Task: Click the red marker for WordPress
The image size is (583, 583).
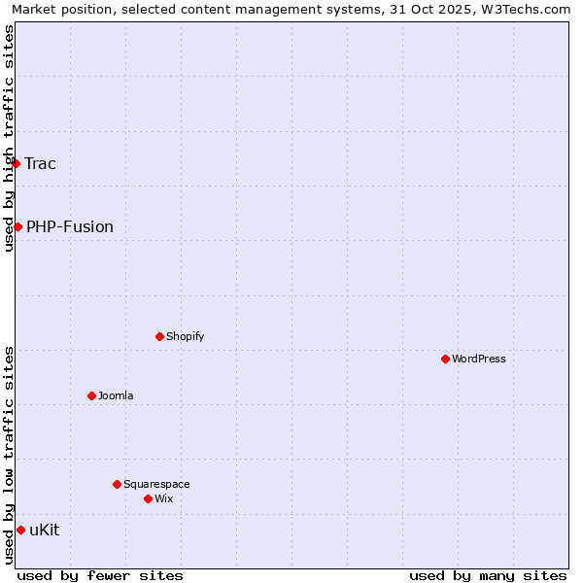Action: (445, 359)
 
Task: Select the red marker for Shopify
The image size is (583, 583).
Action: (159, 336)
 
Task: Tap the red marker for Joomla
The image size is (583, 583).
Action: (91, 395)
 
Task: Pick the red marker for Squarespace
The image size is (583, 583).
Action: (117, 484)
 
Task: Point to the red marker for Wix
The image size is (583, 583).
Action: (148, 498)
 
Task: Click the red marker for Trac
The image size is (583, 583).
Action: (16, 163)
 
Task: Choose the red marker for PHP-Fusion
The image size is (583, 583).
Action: (17, 226)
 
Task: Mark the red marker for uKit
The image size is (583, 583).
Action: (20, 530)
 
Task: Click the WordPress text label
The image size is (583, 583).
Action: (479, 359)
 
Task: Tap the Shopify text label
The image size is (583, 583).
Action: (185, 336)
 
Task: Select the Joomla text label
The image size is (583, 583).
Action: (116, 395)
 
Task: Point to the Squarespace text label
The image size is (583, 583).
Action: (156, 484)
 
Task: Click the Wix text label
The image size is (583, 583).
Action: (163, 498)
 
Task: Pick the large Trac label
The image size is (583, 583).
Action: (41, 163)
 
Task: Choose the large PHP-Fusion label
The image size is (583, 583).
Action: (70, 226)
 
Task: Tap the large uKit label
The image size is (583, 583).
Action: (45, 530)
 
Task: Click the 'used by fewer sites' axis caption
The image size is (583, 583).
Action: (100, 575)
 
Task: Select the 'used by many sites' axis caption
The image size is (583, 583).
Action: (488, 575)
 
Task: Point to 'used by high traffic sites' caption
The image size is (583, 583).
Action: (9, 138)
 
